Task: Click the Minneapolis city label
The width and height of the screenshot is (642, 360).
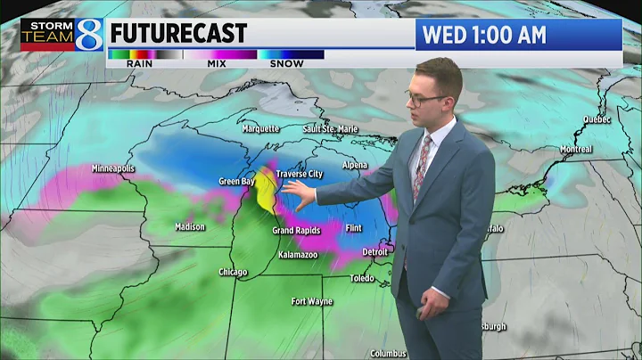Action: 112,168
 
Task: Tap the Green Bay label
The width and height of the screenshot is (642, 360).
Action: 236,182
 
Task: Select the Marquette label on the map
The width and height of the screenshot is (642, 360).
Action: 261,128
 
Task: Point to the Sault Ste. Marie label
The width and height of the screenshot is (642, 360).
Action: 330,129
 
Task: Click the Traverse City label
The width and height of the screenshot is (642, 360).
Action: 299,174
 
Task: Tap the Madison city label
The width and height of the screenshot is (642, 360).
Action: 190,227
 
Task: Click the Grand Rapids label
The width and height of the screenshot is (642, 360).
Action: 296,231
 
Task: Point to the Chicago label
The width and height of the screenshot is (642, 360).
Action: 234,273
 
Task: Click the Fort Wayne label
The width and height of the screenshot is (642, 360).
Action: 312,301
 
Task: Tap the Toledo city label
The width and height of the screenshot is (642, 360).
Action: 363,279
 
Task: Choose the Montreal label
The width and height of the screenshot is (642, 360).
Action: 577,149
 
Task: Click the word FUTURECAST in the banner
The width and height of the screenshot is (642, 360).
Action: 178,34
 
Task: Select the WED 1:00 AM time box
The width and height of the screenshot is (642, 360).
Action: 518,35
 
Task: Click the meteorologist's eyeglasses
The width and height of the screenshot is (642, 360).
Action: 426,98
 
